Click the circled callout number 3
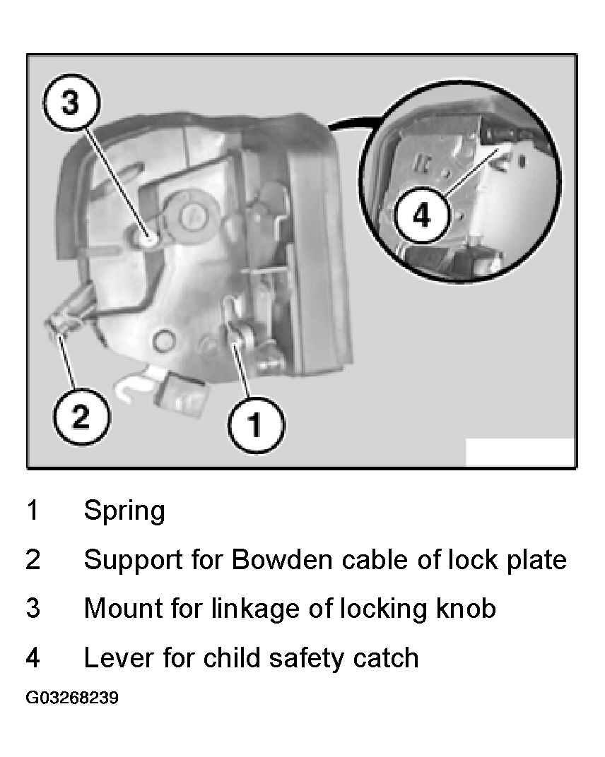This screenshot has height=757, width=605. point(71,103)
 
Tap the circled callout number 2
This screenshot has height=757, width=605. point(81,416)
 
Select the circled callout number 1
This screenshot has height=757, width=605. point(256,425)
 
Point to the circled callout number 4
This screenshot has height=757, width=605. point(422,215)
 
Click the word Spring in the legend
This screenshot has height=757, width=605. point(124,511)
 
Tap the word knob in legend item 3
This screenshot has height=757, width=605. point(466,608)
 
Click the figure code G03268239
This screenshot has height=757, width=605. point(72,698)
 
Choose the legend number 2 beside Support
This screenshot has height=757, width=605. point(33,560)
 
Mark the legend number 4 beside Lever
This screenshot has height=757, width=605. point(33,657)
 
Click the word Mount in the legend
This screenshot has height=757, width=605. point(123,608)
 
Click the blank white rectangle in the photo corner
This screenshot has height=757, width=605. point(519,452)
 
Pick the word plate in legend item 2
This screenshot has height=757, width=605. point(536,561)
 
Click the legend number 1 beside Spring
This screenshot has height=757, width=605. point(33,511)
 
